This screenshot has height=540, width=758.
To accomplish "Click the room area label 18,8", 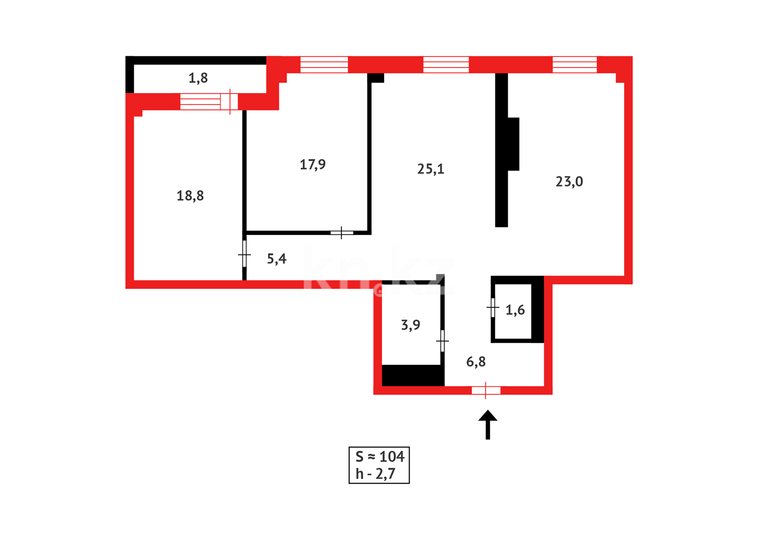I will [x=190, y=195].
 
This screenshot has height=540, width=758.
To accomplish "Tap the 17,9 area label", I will [x=312, y=164].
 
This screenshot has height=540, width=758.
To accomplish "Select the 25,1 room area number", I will [x=430, y=169].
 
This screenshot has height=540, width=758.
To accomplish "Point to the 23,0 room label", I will [x=569, y=181].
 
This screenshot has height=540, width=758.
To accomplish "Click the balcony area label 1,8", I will [x=198, y=78].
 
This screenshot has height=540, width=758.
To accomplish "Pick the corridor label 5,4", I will [x=276, y=258].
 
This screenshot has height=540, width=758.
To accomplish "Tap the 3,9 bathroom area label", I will [x=410, y=325].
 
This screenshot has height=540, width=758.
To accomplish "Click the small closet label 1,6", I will [x=515, y=310].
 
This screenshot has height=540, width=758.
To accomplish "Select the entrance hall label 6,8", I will [x=475, y=361].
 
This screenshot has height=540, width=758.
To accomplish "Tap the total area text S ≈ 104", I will [x=379, y=456].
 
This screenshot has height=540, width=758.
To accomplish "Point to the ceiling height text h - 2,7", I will [x=375, y=474].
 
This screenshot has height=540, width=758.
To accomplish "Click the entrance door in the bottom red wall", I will [x=485, y=390].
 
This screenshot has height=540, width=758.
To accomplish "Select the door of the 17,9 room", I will [x=341, y=232].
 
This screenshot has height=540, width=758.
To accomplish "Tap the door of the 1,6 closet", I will [x=493, y=307].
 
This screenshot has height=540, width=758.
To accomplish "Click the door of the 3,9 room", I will [x=442, y=341].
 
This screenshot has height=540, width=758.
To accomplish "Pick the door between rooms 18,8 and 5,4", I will [x=244, y=254].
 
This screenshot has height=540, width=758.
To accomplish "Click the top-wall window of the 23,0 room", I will [x=574, y=64].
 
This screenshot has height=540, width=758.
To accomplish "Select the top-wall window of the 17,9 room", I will [x=324, y=64].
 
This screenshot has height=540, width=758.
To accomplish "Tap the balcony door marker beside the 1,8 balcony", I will [x=229, y=101].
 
